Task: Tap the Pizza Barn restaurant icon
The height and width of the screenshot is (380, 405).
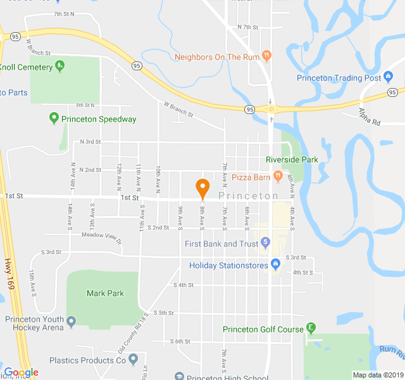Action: [x=277, y=175]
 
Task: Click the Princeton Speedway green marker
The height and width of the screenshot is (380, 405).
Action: [x=54, y=118]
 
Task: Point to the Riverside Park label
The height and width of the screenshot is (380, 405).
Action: [x=292, y=160]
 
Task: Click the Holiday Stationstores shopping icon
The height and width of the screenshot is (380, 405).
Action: [x=275, y=263]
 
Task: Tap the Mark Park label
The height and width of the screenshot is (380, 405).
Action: [x=105, y=293]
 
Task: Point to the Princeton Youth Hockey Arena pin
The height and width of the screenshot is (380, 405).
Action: [x=72, y=323]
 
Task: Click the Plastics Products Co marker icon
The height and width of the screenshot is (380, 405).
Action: [x=133, y=360]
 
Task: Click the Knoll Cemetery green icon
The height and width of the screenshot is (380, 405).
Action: [x=59, y=64]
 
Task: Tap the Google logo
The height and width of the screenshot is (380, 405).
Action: [x=21, y=372]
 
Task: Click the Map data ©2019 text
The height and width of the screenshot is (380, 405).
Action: [x=377, y=375]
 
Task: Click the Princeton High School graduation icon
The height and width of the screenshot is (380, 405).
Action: [x=179, y=376]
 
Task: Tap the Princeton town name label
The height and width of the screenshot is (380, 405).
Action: [x=249, y=196]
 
